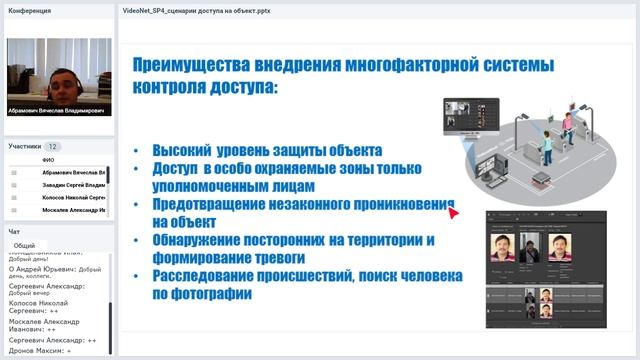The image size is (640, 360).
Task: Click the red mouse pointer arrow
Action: point(453,211)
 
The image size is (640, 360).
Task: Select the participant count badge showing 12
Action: point(53,146)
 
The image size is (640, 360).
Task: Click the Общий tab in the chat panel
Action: point(25,245)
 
